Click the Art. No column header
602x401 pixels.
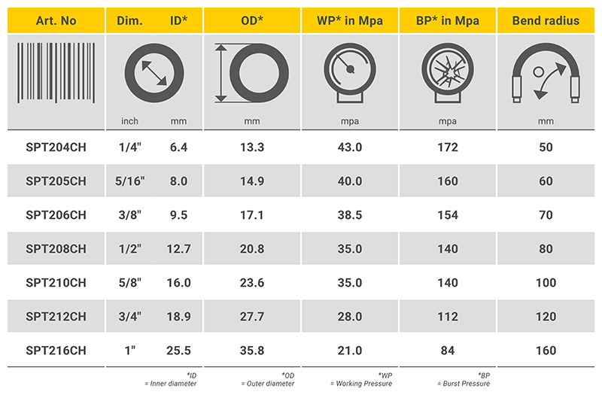56,20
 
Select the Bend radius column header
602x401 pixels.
546,20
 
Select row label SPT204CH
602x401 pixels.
56,147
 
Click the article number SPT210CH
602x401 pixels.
56,283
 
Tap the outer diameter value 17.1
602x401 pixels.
252,215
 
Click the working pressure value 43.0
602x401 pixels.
350,147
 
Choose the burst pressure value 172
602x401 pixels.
448,147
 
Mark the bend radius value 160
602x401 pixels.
546,351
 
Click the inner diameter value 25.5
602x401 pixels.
178,351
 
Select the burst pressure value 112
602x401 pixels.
448,317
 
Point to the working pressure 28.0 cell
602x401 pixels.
350,317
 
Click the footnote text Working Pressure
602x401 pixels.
362,384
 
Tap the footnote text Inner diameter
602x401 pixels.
171,384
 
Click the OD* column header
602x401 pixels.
252,20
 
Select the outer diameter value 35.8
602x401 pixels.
252,351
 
